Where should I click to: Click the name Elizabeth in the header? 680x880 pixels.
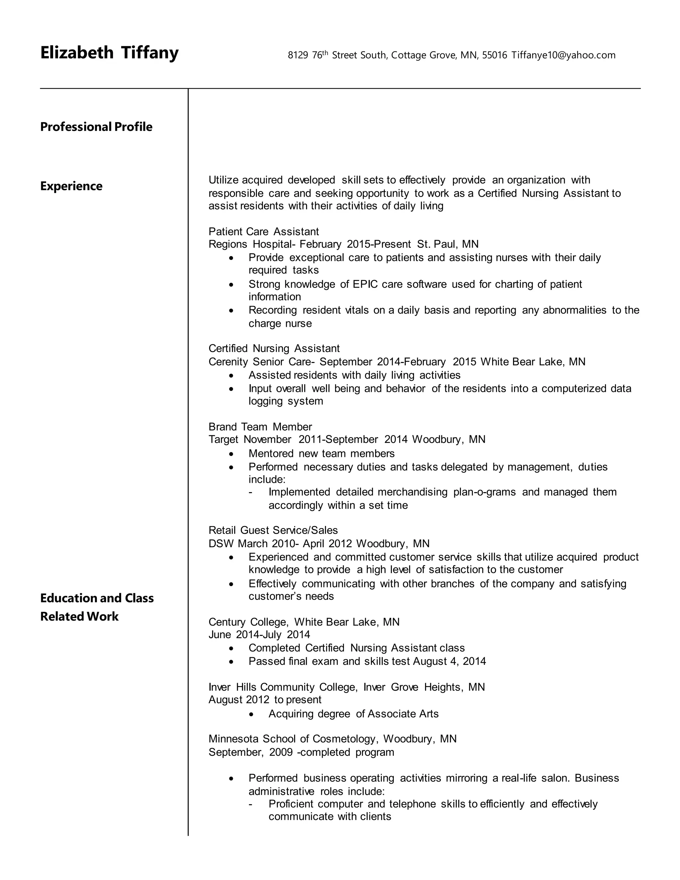click(x=77, y=53)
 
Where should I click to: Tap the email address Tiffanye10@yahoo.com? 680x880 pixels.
click(x=563, y=55)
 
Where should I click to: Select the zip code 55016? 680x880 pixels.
click(x=494, y=55)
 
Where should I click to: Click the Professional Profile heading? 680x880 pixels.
click(x=96, y=127)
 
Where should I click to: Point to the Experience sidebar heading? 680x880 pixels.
click(x=71, y=186)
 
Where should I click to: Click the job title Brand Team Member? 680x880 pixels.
click(x=260, y=427)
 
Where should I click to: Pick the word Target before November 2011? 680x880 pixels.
click(x=223, y=439)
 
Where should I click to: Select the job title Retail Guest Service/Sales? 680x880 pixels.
click(x=273, y=530)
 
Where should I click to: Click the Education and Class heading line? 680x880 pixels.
click(x=97, y=598)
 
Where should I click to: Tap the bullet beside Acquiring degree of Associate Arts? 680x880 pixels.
click(x=251, y=714)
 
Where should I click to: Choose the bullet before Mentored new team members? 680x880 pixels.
click(x=231, y=454)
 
